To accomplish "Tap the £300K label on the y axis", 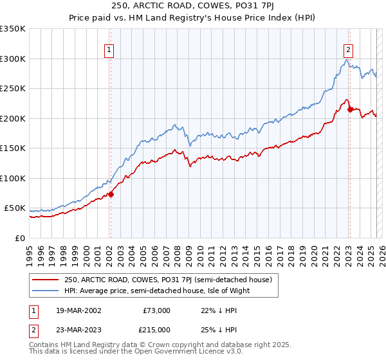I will click(13, 59).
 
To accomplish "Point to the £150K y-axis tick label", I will click(13, 148).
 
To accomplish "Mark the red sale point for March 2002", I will click(111, 194).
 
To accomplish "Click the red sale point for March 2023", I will click(350, 109).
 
